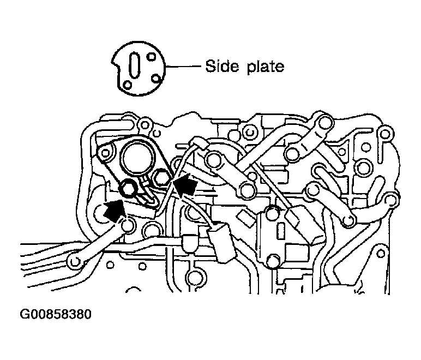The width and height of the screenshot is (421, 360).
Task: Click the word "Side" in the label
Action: (222, 66)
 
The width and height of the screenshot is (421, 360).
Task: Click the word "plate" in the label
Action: (265, 67)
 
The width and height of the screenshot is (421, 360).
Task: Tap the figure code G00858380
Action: (56, 314)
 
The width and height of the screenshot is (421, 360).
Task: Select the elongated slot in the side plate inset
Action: (134, 65)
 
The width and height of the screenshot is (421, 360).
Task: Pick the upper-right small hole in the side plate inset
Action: (152, 57)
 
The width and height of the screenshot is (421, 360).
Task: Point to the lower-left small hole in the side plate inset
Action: (127, 85)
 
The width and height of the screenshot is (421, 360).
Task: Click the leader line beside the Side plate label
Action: (183, 66)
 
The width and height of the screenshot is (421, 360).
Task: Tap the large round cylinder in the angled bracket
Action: (138, 159)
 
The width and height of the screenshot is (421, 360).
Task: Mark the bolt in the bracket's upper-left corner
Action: (105, 154)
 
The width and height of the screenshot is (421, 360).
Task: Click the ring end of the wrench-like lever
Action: (75, 261)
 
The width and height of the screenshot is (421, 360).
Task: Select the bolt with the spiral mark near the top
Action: (249, 133)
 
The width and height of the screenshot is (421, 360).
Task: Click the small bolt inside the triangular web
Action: (342, 152)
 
